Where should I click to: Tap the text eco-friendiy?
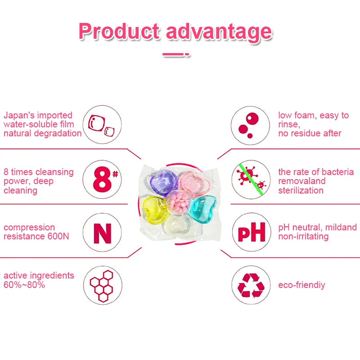pos(301,285)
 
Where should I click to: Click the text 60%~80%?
pos(24,285)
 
